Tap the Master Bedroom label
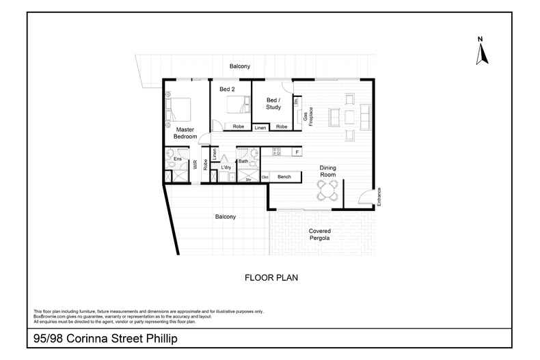pos(185,133)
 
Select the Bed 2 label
pos(227,89)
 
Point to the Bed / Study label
pos(273,103)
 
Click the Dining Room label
pos(330,171)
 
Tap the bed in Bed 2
pos(234,105)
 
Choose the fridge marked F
pos(297,152)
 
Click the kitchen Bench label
pos(284,177)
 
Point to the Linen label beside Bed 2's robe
pos(260,128)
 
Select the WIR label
pos(195,164)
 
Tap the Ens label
pos(177,159)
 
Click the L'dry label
pos(226,167)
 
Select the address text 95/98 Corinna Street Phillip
pos(106,338)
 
